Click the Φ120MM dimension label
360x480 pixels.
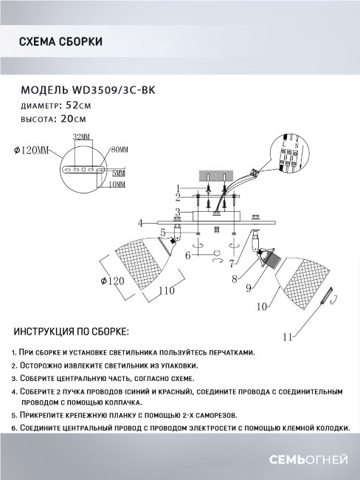coord(31,151)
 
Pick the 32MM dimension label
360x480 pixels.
coord(81,138)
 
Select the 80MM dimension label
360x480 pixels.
coord(119,150)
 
